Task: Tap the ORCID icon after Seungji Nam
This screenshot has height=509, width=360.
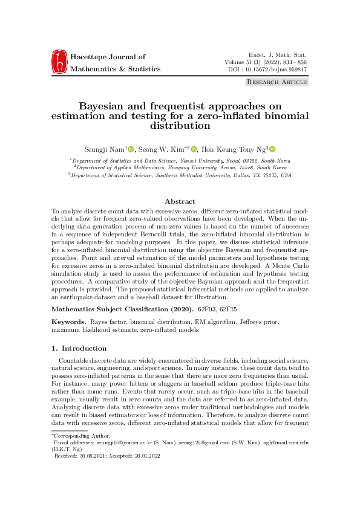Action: (x=131, y=149)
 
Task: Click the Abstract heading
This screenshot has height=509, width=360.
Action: (x=180, y=201)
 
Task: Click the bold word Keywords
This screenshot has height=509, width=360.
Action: (x=67, y=322)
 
